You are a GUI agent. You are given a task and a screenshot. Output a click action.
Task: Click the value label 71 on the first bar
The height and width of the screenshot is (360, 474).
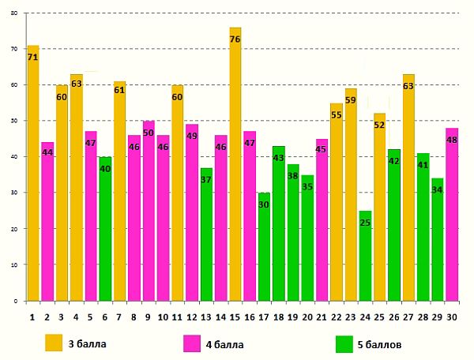(32, 58)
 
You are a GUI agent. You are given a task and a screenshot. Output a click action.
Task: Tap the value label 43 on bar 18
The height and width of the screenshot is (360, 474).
(278, 158)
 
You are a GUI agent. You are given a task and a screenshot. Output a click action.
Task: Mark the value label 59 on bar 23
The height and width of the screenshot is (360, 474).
(351, 100)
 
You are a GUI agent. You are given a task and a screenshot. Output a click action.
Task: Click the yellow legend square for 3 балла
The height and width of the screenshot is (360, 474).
(54, 343)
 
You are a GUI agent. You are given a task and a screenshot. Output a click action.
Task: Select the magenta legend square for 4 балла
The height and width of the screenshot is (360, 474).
(192, 343)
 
